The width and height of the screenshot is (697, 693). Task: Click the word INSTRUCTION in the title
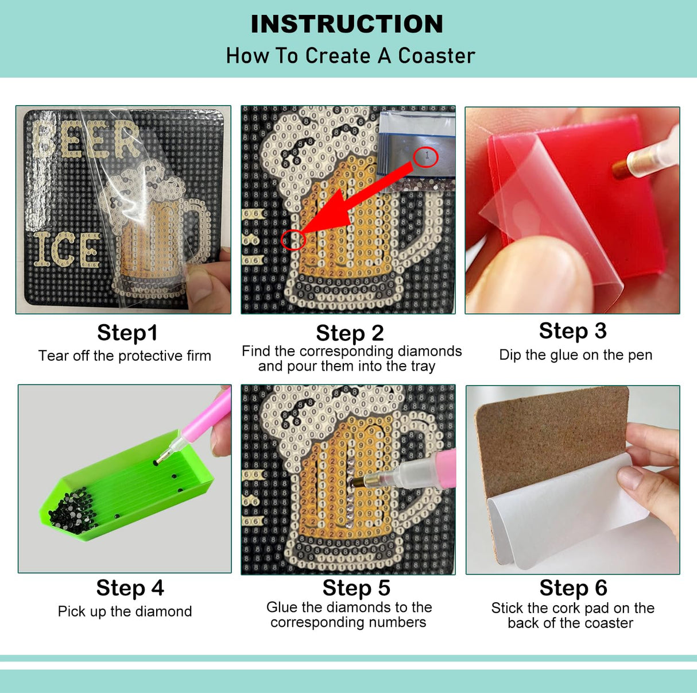pyautogui.click(x=347, y=24)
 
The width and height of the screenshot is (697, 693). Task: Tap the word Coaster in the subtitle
pyautogui.click(x=436, y=56)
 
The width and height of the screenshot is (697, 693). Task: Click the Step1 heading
pyautogui.click(x=127, y=332)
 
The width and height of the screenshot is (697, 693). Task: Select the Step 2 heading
pyautogui.click(x=350, y=333)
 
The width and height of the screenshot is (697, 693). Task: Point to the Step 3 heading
pyautogui.click(x=572, y=331)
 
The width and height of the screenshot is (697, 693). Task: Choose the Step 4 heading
pyautogui.click(x=130, y=588)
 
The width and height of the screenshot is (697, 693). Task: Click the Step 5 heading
pyautogui.click(x=357, y=588)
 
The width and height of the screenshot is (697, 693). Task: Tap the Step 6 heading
pyautogui.click(x=574, y=588)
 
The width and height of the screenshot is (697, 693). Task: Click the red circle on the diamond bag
pyautogui.click(x=426, y=157)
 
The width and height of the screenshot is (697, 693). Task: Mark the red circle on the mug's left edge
pyautogui.click(x=293, y=240)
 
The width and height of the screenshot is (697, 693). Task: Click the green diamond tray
pyautogui.click(x=126, y=485)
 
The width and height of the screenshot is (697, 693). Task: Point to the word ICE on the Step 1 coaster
pyautogui.click(x=68, y=249)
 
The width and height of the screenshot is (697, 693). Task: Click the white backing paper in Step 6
pyautogui.click(x=568, y=507)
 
